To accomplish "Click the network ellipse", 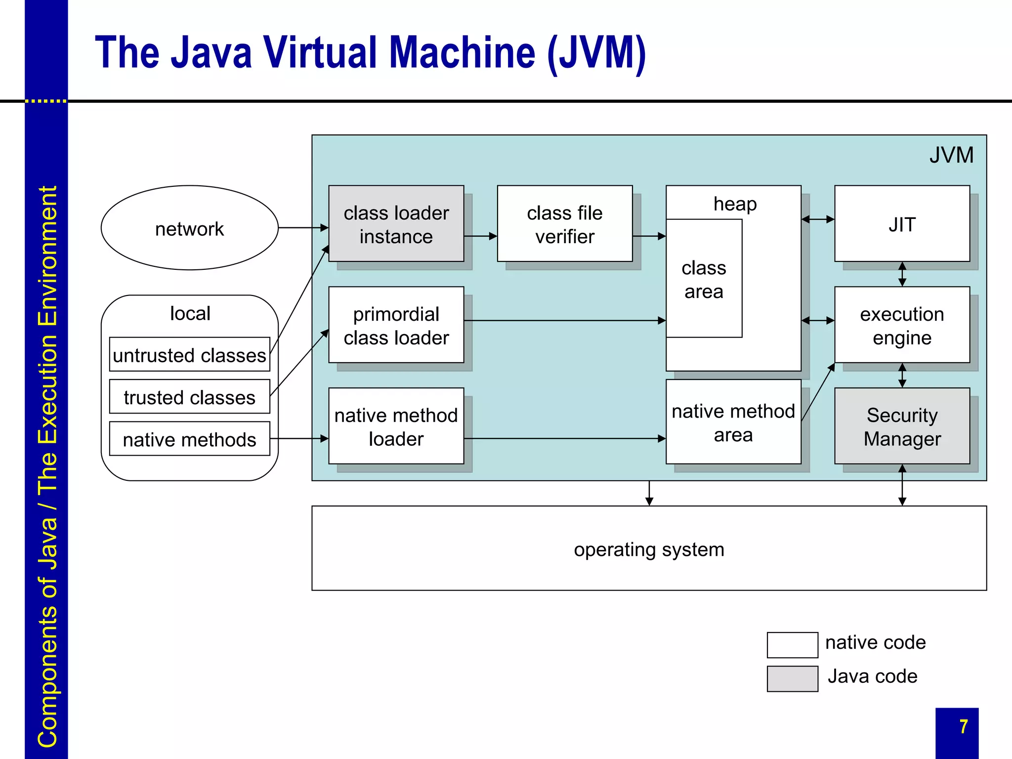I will [189, 228].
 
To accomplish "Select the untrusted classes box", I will [189, 354].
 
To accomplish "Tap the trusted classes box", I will [189, 397].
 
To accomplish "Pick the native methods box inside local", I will [189, 439].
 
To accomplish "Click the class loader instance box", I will [396, 224].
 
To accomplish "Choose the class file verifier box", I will [564, 224].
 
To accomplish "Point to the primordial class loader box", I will [396, 325].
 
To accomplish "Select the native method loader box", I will [396, 426].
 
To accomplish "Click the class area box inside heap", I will [704, 279].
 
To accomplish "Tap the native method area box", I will [733, 422].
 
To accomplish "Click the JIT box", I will [902, 224].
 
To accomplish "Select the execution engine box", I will [902, 325].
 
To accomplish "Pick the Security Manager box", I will [902, 426].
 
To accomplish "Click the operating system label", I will [649, 549].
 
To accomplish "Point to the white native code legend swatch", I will [792, 645].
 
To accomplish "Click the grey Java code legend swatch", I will [792, 678].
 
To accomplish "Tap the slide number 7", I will [963, 726].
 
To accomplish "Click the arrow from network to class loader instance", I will [303, 228].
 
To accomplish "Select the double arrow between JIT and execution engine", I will [902, 274].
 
